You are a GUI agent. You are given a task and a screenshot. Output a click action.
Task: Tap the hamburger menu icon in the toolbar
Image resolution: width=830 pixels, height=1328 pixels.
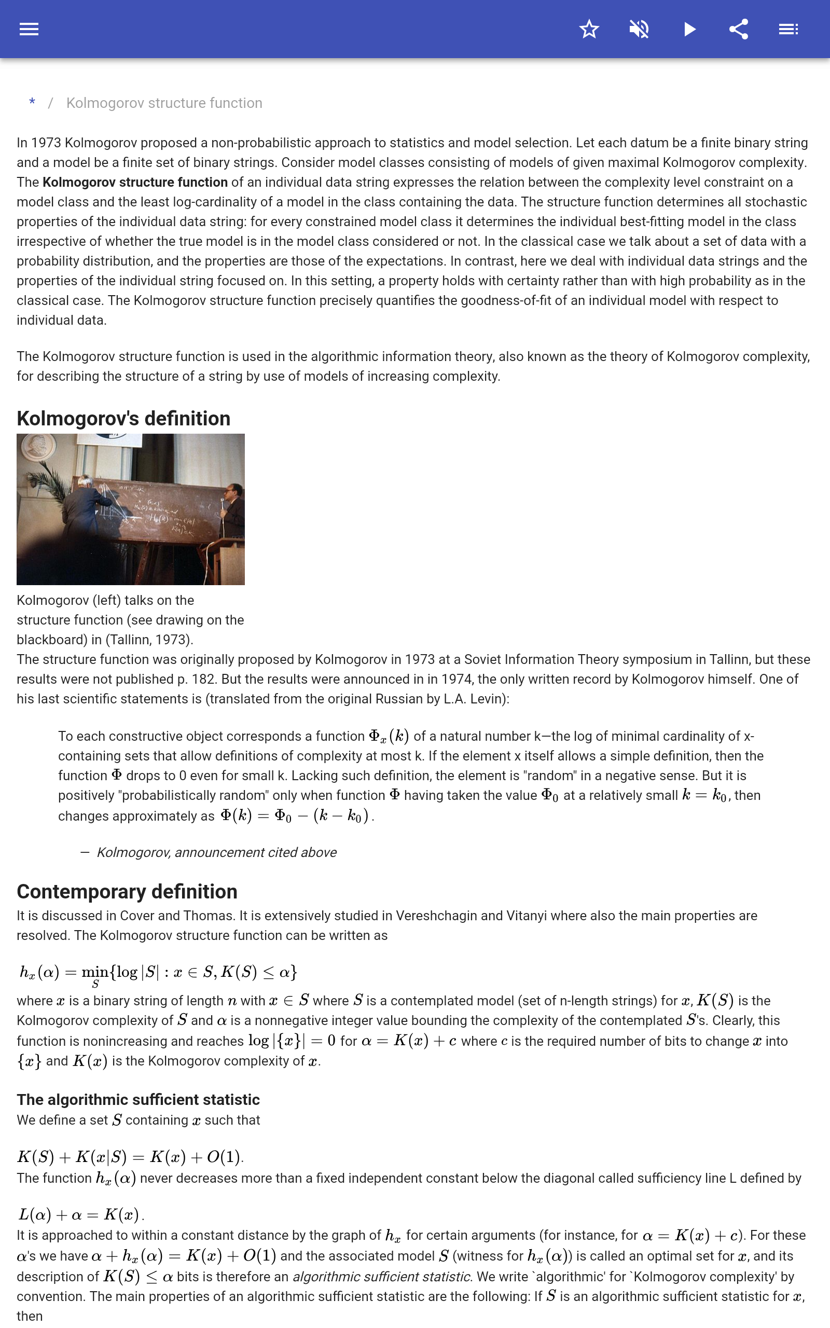pyautogui.click(x=29, y=29)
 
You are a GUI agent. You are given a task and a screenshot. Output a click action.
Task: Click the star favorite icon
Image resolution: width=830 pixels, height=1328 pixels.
pyautogui.click(x=589, y=29)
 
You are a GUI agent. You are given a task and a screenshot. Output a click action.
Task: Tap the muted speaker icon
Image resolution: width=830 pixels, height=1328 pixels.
pyautogui.click(x=639, y=29)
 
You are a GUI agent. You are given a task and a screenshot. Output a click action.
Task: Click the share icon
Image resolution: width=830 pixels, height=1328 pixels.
pyautogui.click(x=739, y=29)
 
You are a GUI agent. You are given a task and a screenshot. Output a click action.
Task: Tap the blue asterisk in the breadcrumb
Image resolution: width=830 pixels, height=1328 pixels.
pyautogui.click(x=32, y=103)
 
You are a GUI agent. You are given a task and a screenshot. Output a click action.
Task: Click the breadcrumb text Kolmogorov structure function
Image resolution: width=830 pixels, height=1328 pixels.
pyautogui.click(x=164, y=103)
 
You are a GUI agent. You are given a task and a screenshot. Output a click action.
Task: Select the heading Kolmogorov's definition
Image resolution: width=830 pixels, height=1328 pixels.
pyautogui.click(x=123, y=418)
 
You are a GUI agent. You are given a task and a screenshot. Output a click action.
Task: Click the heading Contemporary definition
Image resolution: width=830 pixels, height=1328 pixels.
pyautogui.click(x=127, y=891)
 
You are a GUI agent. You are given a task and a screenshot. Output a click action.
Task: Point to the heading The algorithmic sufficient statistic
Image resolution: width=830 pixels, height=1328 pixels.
pyautogui.click(x=139, y=1099)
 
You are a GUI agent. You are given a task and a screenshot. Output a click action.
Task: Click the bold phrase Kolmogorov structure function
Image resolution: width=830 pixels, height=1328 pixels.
pyautogui.click(x=135, y=182)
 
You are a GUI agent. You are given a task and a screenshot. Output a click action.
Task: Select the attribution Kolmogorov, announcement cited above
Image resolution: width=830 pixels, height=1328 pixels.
pyautogui.click(x=216, y=852)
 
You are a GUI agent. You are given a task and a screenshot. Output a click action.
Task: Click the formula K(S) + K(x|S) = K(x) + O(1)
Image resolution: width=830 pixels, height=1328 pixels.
pyautogui.click(x=130, y=1157)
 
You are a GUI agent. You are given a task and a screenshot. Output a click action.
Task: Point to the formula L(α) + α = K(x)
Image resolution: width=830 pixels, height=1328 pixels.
pyautogui.click(x=81, y=1214)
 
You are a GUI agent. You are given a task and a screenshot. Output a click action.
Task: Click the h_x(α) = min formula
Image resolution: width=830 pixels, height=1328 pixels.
pyautogui.click(x=158, y=973)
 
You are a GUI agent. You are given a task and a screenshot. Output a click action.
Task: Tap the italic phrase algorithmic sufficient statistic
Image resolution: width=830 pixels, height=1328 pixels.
pyautogui.click(x=381, y=1277)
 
